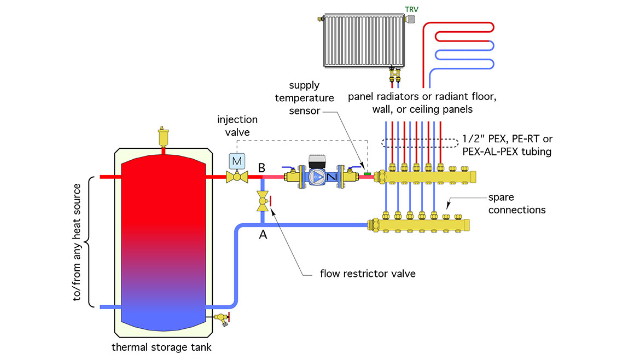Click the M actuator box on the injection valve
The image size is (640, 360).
coord(237,161)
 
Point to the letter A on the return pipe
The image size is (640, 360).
coord(263,235)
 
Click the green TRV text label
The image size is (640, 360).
coord(412,9)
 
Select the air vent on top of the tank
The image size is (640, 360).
coord(162,136)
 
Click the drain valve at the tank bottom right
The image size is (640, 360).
coord(222,317)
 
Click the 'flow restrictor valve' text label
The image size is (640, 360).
coord(368,273)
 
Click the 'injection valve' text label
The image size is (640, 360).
coord(237,125)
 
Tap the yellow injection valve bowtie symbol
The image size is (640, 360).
coord(237,177)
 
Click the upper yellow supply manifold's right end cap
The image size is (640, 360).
coord(472,177)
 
